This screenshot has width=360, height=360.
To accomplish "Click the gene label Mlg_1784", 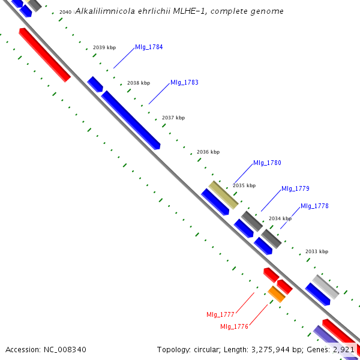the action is coord(149,47).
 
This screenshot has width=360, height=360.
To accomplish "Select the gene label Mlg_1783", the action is coord(184,82).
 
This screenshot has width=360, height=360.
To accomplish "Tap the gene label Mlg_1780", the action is coord(267,163).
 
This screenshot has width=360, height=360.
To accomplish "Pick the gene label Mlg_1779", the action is coord(295,188).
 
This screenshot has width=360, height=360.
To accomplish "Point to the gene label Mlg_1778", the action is coord(314,206).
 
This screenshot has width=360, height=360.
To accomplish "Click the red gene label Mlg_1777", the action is coord(220,314).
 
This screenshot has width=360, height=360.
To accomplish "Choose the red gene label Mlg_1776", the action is coord(234,326).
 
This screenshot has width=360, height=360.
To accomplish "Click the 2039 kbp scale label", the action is coord(104,47).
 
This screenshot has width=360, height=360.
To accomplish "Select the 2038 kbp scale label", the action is coord(139,83).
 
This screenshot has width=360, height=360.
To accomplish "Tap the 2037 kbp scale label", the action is coord(173,118).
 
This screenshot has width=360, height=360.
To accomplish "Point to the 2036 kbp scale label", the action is coord(208,152).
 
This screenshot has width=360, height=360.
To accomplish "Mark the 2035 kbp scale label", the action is coord(244,185).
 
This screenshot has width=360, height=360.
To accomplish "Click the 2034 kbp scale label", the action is coord(280,218).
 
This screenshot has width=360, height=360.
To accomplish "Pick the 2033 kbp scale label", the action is coord(317,251).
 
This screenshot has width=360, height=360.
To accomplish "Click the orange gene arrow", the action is coord(277,294).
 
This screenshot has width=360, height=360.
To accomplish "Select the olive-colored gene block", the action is coord(223,194).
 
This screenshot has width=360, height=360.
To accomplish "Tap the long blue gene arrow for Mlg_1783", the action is coord(131,120).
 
